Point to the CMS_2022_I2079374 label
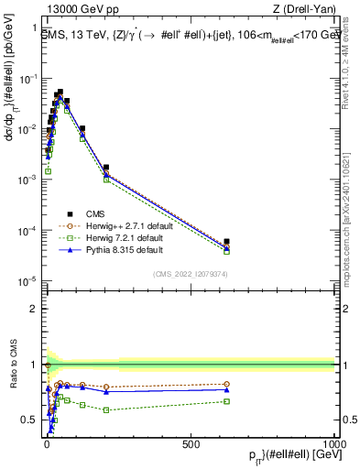click(191, 271)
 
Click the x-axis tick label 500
click(191, 442)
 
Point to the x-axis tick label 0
click(47, 442)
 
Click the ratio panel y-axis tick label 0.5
click(30, 420)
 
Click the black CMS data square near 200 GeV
click(106, 168)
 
